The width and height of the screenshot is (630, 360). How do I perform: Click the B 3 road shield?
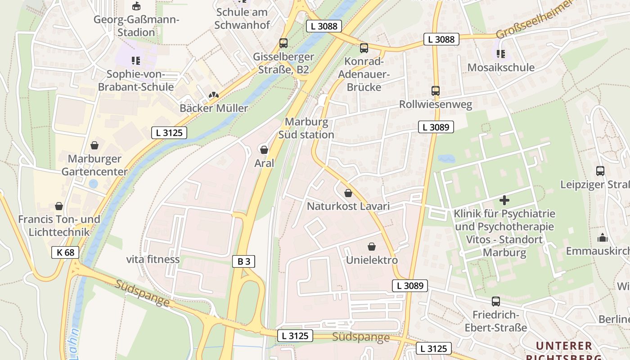pyautogui.click(x=243, y=261)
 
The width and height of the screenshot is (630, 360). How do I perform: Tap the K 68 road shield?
pyautogui.click(x=65, y=252)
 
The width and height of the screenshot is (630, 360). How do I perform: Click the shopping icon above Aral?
pyautogui.click(x=264, y=149)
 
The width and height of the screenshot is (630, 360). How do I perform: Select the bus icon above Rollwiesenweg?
pyautogui.click(x=435, y=91)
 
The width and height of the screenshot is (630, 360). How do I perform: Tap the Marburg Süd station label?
pyautogui.click(x=306, y=128)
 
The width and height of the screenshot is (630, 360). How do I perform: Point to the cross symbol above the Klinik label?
pyautogui.click(x=504, y=200)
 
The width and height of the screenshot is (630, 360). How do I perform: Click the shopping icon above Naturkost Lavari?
pyautogui.click(x=348, y=193)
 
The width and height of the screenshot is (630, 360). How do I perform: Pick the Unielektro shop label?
pyautogui.click(x=372, y=260)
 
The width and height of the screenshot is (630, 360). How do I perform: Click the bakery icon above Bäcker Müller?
pyautogui.click(x=214, y=95)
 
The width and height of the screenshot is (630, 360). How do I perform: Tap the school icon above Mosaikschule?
pyautogui.click(x=500, y=54)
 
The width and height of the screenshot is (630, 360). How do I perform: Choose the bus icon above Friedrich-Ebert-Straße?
pyautogui.click(x=495, y=301)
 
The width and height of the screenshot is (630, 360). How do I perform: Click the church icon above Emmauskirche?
pyautogui.click(x=602, y=238)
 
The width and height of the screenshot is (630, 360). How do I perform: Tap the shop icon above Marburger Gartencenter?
pyautogui.click(x=94, y=145)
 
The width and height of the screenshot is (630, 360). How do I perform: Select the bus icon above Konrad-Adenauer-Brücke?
pyautogui.click(x=364, y=48)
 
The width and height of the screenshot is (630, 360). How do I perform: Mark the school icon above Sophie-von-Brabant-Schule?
pyautogui.click(x=135, y=60)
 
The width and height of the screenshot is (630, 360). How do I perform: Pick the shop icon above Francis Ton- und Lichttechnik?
pyautogui.click(x=59, y=206)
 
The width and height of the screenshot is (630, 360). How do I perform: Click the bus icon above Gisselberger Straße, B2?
pyautogui.click(x=283, y=43)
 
